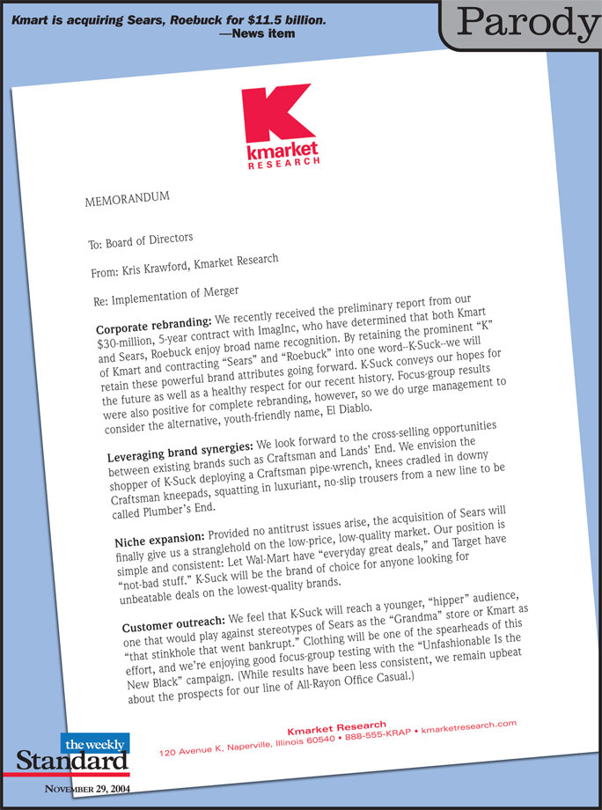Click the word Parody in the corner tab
(x=528, y=24)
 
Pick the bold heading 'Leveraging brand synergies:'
(x=179, y=452)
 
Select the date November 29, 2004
(x=87, y=789)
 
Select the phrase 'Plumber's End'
(x=175, y=513)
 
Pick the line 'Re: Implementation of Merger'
(x=165, y=294)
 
